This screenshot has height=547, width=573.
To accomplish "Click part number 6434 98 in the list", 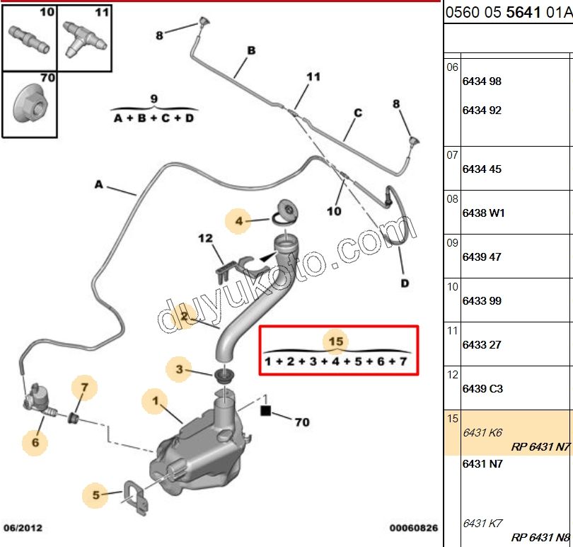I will [x=482, y=81].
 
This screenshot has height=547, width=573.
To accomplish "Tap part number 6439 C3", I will [x=482, y=389].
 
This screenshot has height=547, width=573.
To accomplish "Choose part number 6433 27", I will [x=482, y=345].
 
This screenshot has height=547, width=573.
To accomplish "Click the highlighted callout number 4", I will [x=239, y=222].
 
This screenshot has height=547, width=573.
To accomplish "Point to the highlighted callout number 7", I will [x=84, y=387].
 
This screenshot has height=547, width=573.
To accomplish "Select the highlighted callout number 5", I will [x=96, y=494].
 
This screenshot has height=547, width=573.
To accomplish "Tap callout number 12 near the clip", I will [x=205, y=239].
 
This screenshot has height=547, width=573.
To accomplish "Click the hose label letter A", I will [x=99, y=185].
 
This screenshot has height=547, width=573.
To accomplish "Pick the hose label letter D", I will [x=404, y=284].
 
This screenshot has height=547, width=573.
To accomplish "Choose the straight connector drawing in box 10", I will [x=28, y=38].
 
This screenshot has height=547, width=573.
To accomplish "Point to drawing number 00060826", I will [x=413, y=528].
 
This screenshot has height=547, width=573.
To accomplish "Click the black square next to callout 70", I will [x=265, y=410].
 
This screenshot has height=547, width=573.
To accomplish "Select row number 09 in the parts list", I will [x=453, y=243].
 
